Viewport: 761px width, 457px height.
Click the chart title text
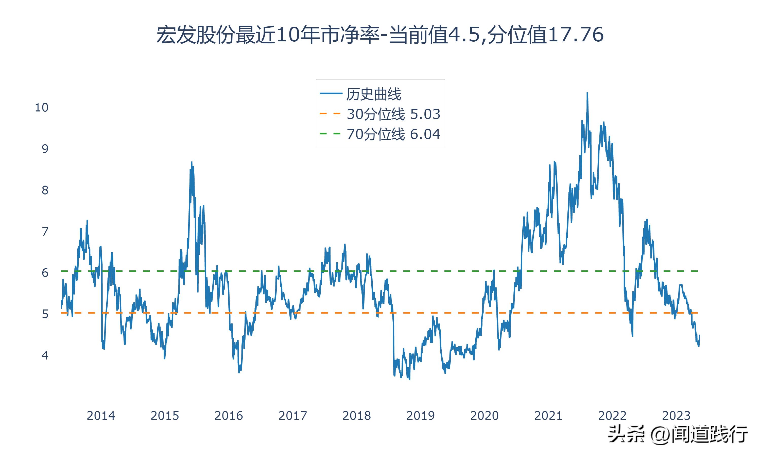(380, 35)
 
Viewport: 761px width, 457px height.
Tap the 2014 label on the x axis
(101, 416)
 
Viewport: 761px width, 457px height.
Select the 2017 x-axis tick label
(292, 416)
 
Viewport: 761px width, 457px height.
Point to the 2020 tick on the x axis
(484, 416)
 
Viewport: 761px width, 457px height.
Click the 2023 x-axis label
(676, 416)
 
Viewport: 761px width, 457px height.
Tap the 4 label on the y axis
(45, 356)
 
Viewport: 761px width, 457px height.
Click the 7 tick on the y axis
(45, 232)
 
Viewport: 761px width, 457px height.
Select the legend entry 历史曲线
(373, 94)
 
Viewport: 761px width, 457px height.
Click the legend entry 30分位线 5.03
(393, 114)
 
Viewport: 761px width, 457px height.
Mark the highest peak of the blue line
(587, 93)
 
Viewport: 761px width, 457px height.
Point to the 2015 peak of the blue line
(191, 162)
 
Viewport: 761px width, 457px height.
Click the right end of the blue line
(699, 335)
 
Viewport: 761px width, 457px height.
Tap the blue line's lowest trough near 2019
(409, 379)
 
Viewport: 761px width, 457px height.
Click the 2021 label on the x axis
(548, 416)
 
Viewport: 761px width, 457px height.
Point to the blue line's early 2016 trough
(239, 372)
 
